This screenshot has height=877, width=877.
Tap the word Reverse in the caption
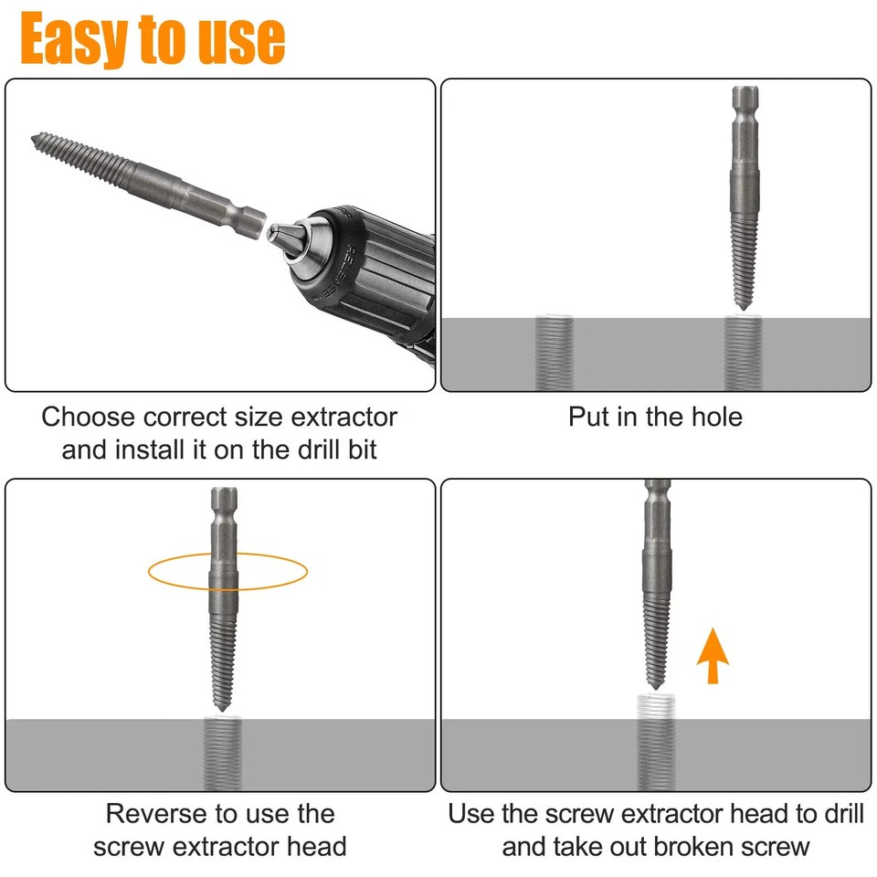tap(157, 813)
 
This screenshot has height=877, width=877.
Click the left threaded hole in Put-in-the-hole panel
tap(554, 352)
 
